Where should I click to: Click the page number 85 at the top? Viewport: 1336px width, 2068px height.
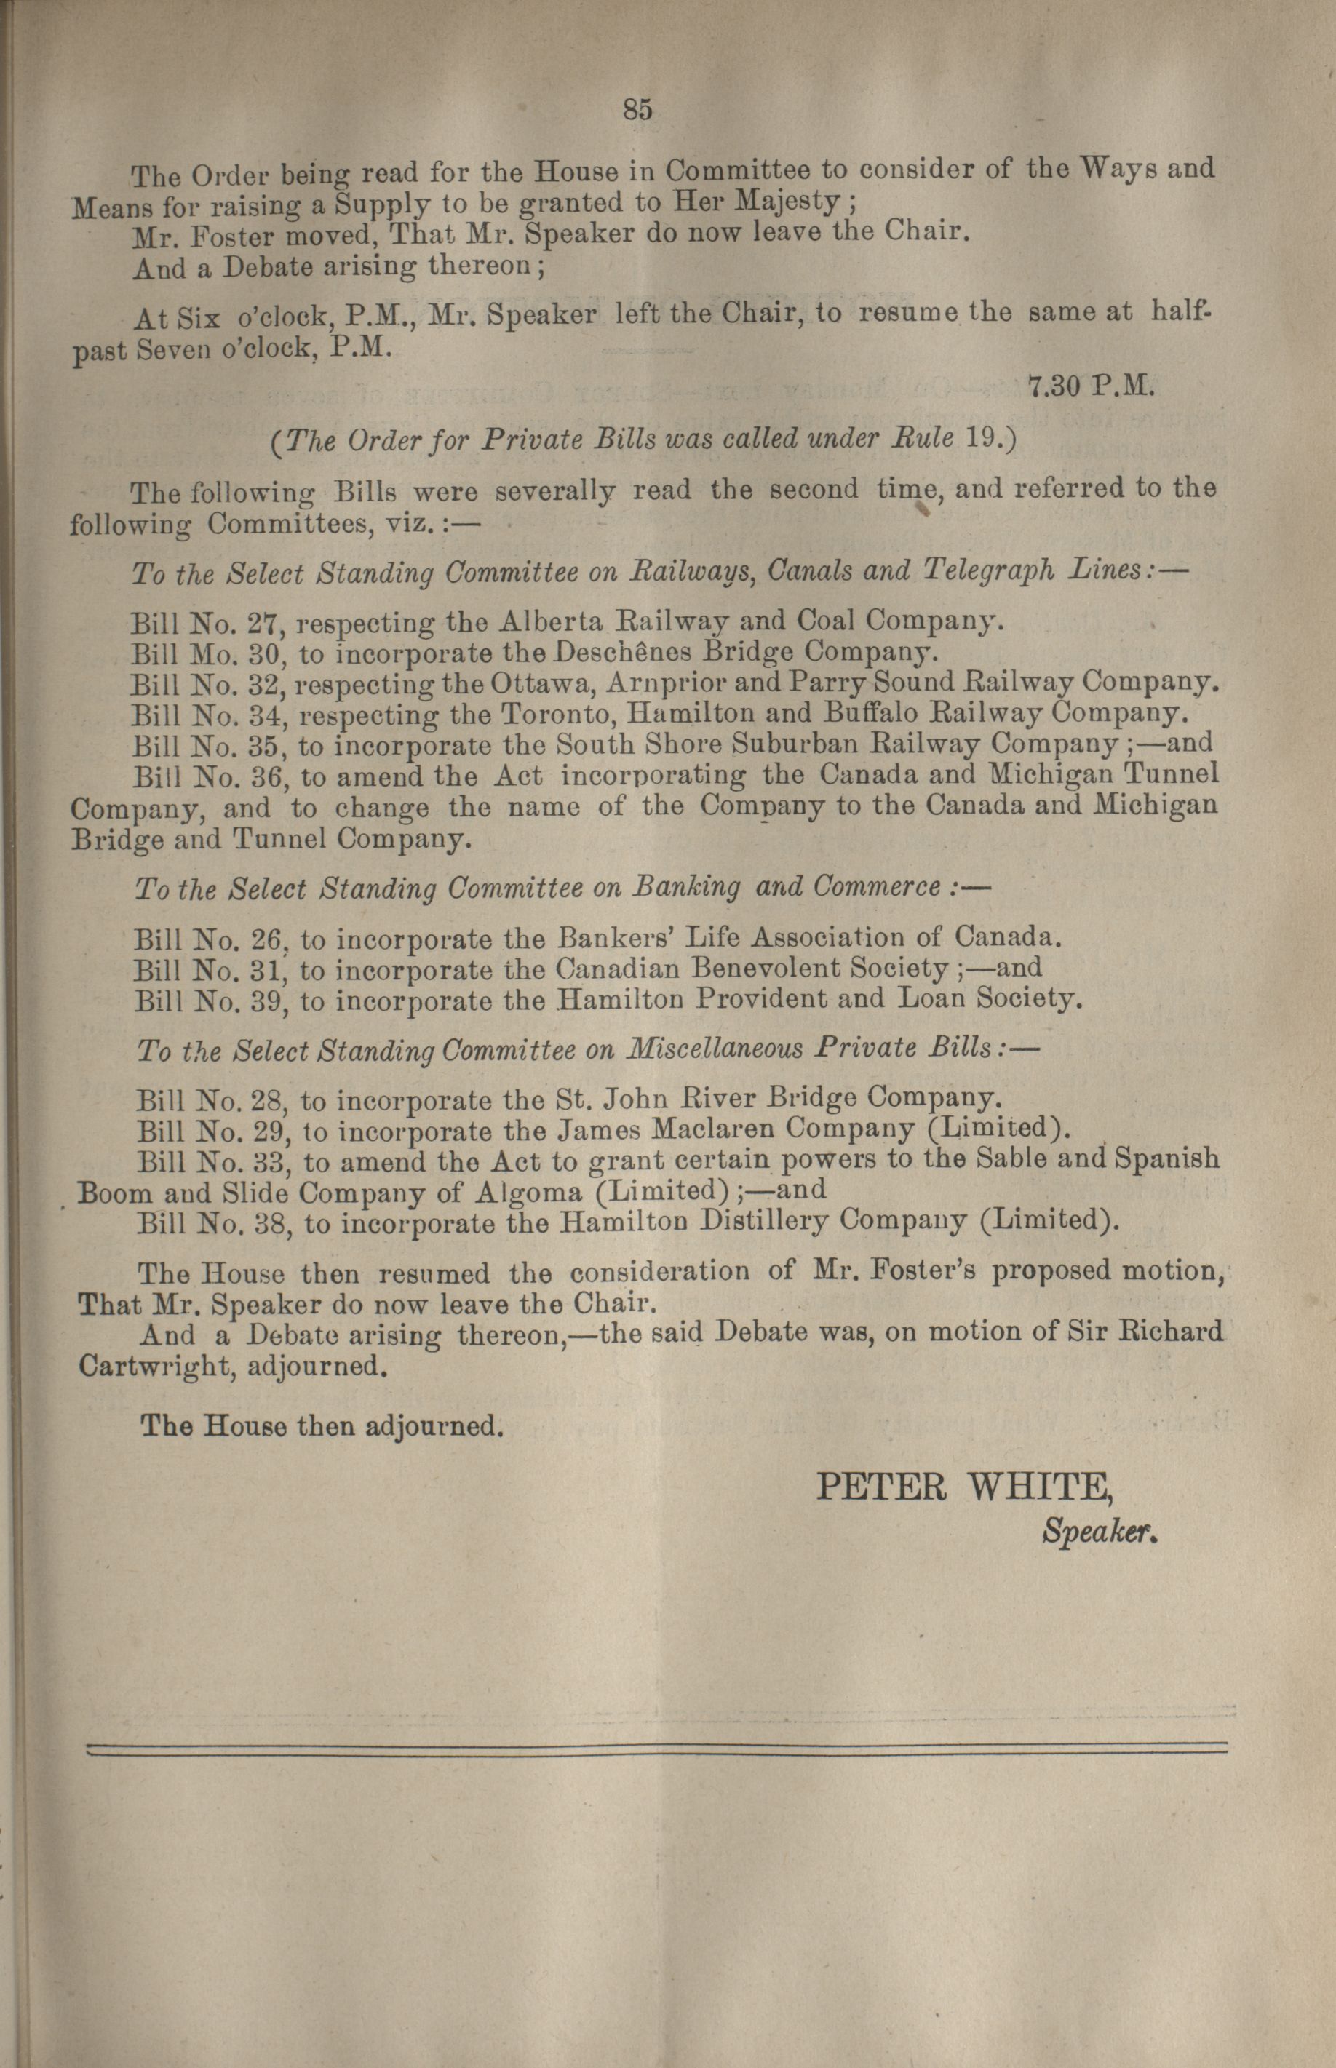[x=637, y=109]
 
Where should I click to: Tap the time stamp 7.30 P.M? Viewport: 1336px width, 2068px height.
[x=1091, y=386]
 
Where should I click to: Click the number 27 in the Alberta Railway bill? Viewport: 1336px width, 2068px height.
[x=262, y=622]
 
